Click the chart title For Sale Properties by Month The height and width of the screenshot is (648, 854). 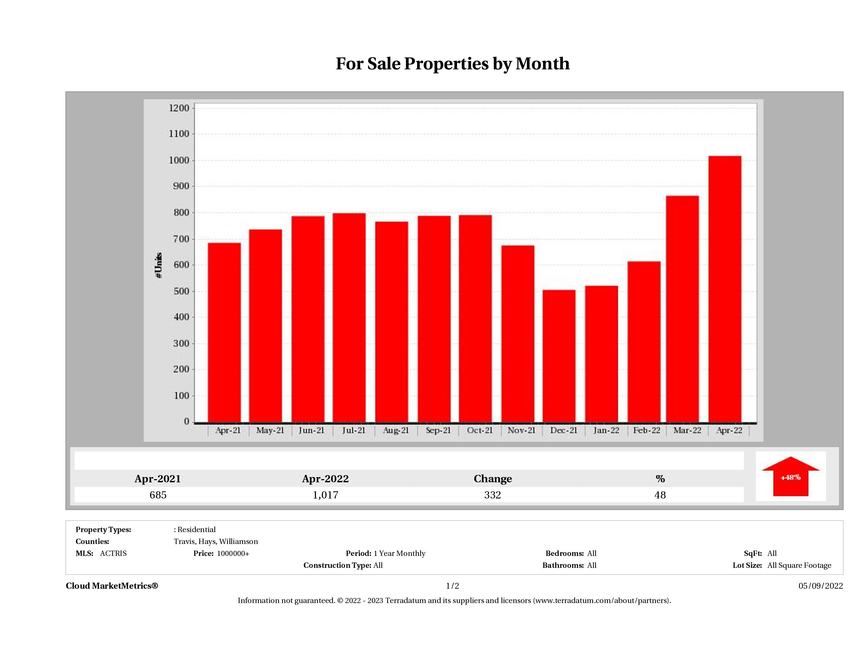(x=453, y=64)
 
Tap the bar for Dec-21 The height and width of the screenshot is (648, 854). (x=559, y=356)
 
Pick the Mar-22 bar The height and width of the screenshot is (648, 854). (x=682, y=309)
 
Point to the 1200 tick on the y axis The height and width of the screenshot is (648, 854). (x=179, y=108)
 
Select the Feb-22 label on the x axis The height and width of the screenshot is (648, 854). (x=647, y=430)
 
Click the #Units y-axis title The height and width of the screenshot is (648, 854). (x=158, y=265)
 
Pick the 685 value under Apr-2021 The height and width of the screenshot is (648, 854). (x=158, y=495)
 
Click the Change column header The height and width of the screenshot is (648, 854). (x=493, y=479)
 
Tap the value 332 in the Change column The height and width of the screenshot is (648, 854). (x=493, y=495)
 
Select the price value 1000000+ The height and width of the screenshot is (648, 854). (x=233, y=553)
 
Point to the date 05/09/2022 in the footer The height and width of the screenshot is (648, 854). (x=820, y=586)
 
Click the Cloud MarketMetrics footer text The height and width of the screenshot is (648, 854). (x=112, y=586)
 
